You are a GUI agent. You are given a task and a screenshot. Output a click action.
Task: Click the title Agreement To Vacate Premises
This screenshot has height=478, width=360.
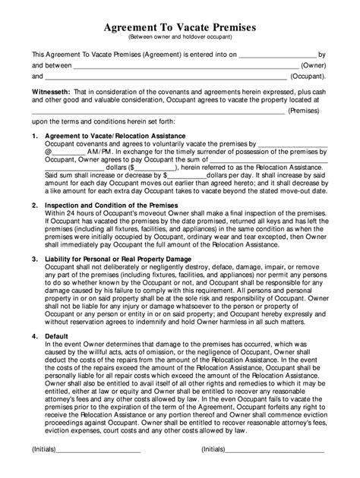pos(180,27)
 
